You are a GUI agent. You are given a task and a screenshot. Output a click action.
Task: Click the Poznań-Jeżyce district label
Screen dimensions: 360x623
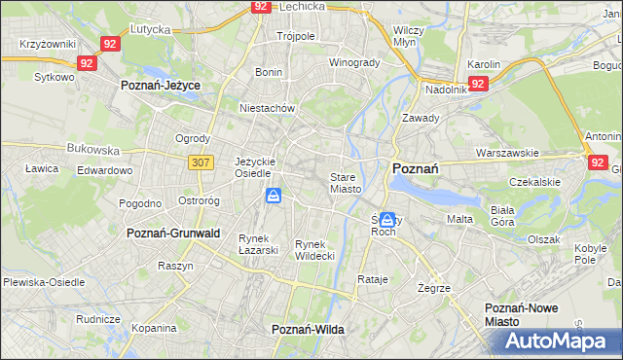click(160, 86)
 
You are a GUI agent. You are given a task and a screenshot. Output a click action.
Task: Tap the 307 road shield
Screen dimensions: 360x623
click(201, 162)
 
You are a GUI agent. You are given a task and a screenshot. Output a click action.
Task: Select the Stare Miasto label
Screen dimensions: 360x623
click(346, 183)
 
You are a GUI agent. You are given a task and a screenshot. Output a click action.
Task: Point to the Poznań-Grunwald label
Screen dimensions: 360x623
click(173, 234)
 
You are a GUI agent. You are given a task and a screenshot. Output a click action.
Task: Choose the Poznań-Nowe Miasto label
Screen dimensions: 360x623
click(521, 314)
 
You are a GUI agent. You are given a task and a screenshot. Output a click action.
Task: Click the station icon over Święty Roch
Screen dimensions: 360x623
click(387, 222)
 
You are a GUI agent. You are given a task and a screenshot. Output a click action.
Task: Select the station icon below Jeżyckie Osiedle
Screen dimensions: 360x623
click(275, 198)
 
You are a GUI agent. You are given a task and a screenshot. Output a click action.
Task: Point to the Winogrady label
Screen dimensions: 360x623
click(353, 63)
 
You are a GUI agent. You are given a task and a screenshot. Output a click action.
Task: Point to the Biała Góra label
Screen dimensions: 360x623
click(530, 215)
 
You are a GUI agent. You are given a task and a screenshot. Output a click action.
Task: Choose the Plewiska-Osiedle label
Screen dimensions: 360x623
click(44, 282)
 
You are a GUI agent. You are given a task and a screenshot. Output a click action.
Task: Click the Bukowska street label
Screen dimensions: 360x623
click(92, 151)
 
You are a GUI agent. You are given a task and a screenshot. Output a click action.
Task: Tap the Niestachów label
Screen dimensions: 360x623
click(267, 109)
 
